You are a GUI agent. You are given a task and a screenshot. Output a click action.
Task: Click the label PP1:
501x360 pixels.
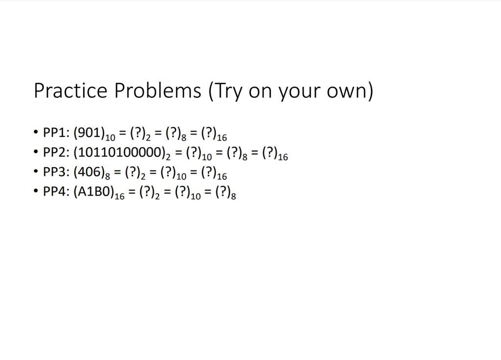57,133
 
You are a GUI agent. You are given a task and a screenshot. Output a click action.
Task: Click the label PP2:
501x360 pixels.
57,153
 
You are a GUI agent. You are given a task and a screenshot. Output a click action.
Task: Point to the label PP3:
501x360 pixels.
57,173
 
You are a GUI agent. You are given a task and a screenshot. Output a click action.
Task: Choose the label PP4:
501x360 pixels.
57,192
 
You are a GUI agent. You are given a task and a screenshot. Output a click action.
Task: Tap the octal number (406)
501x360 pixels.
90,173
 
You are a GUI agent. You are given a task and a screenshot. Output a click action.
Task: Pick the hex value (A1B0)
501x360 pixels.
93,192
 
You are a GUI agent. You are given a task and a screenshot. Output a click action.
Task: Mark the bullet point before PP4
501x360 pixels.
36,192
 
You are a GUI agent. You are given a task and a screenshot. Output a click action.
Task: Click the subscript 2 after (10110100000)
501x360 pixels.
167,157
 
